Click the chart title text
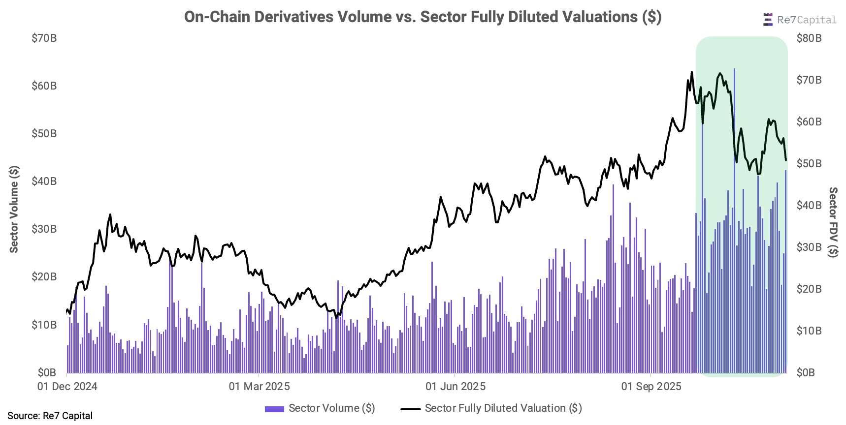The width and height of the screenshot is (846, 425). [423, 17]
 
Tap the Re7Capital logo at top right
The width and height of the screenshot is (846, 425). [799, 20]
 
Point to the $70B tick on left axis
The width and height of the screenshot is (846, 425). [44, 38]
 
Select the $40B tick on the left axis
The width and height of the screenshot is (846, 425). [44, 182]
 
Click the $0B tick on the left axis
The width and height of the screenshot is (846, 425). [47, 373]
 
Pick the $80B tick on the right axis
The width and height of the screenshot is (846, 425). [809, 38]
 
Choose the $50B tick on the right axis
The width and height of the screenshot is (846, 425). [809, 163]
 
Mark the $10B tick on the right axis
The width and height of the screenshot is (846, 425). [809, 331]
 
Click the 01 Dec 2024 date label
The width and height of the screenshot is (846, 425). [67, 387]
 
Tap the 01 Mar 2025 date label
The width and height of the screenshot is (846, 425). [260, 387]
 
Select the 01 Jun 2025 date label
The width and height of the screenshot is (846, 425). [456, 387]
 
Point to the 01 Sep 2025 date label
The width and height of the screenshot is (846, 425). [651, 387]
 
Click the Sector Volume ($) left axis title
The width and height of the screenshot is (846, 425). [14, 209]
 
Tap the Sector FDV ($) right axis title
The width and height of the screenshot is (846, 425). [833, 222]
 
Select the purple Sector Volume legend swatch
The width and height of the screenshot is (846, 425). [274, 409]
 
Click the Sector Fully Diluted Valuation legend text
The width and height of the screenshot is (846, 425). [503, 408]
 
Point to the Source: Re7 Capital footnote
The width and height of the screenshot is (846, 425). [50, 416]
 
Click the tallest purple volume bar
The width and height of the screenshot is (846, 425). [734, 221]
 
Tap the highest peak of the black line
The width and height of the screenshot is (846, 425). [692, 72]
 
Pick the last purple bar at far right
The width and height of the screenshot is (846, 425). [785, 271]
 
